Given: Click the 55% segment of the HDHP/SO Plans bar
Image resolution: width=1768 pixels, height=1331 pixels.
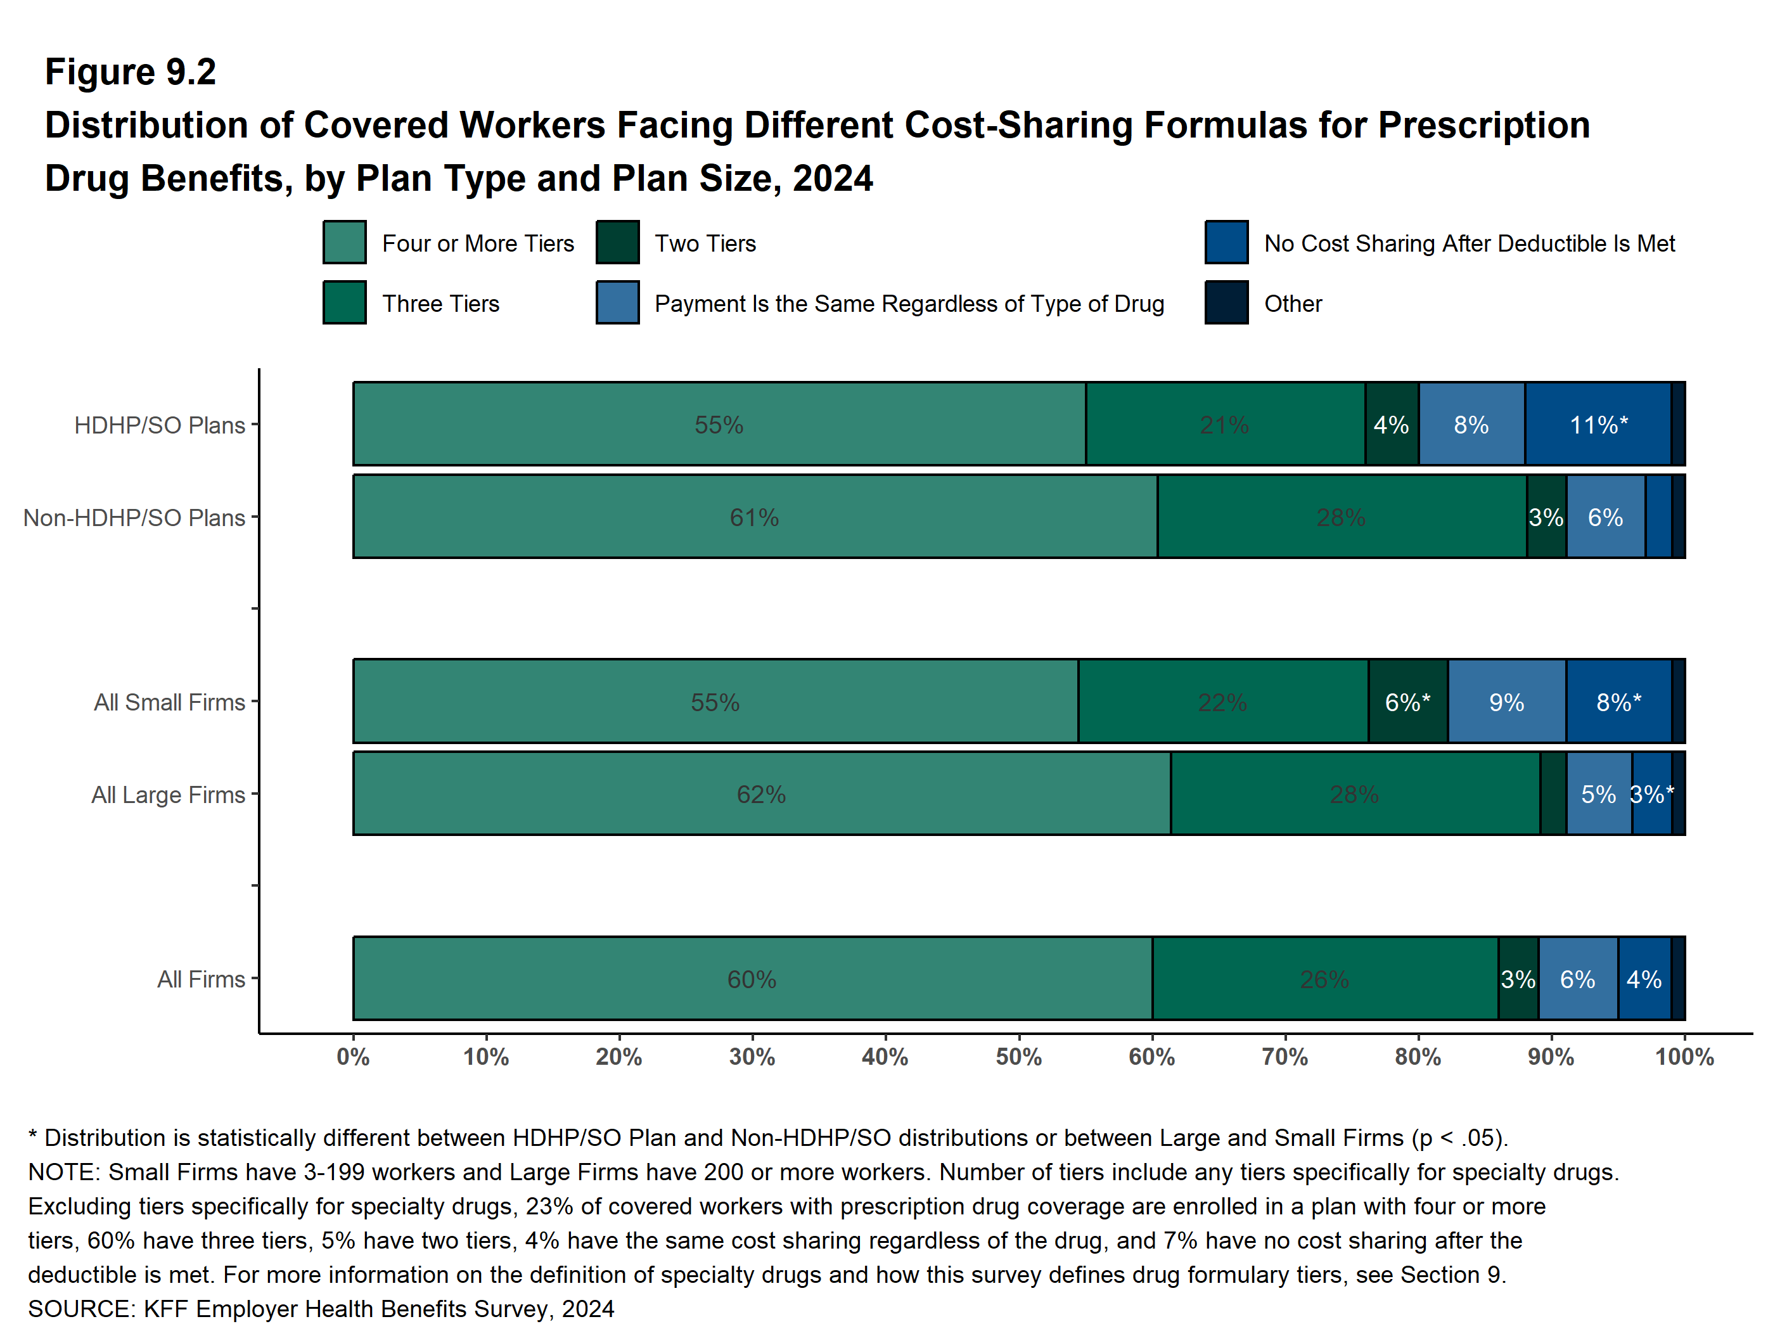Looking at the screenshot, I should (x=719, y=425).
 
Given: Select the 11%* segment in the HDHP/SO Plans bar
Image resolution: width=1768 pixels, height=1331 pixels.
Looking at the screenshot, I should (x=1598, y=425).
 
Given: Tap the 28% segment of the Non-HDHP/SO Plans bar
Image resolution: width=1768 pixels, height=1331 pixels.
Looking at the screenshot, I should (x=1341, y=517).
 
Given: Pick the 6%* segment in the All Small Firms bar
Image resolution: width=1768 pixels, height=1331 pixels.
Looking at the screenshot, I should (x=1407, y=702).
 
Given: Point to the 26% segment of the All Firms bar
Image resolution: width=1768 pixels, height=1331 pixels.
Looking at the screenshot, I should (x=1324, y=979).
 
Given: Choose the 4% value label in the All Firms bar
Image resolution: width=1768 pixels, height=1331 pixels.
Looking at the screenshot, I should (x=1644, y=979).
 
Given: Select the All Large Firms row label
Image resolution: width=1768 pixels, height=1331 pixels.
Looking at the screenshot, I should (x=168, y=795).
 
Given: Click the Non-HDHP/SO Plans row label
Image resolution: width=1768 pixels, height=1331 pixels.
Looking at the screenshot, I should (x=134, y=518).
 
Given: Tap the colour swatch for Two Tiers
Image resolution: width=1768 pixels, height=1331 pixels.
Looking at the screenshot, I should (x=617, y=242).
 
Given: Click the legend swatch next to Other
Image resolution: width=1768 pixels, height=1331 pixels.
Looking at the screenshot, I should (x=1226, y=302).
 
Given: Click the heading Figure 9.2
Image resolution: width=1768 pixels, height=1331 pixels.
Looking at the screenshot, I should (x=131, y=72).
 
